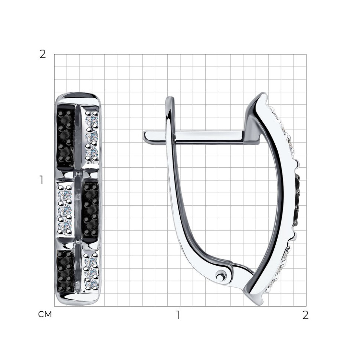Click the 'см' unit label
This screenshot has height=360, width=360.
[45, 315]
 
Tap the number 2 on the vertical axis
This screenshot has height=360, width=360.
[43, 55]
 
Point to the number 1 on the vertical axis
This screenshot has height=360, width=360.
[41, 180]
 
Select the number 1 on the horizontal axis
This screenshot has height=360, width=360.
[178, 315]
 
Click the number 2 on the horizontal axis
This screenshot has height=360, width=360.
[305, 315]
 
